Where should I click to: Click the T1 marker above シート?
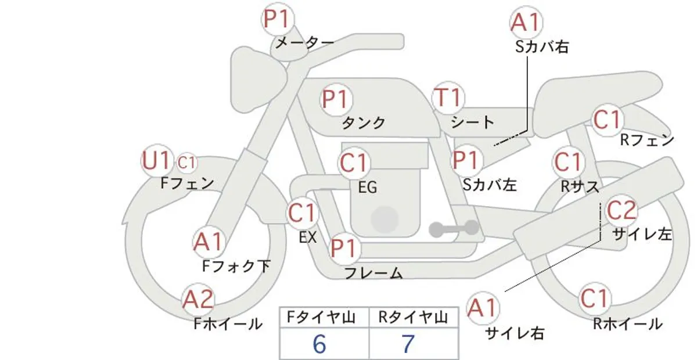[x=448, y=98]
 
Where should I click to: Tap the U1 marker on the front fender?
[x=156, y=161]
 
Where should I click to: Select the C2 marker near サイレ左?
[x=621, y=210]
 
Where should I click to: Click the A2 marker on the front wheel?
[x=198, y=299]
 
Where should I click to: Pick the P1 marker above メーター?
[x=278, y=19]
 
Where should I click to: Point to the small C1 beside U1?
[x=186, y=163]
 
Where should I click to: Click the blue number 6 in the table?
[x=319, y=344]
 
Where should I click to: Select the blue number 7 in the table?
[x=408, y=344]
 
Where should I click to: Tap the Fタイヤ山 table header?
[x=321, y=318]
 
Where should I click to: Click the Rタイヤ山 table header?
[x=413, y=318]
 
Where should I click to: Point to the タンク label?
[x=364, y=123]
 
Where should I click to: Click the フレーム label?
[x=373, y=273]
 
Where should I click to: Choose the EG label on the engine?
[x=368, y=188]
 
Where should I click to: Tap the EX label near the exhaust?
[x=308, y=237]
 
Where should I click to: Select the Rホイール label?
[x=628, y=324]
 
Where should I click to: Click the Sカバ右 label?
[x=542, y=46]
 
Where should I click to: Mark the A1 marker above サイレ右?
[x=482, y=308]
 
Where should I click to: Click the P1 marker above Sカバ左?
[x=466, y=160]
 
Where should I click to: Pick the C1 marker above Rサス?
[x=568, y=162]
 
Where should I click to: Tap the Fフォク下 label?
[x=236, y=267]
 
